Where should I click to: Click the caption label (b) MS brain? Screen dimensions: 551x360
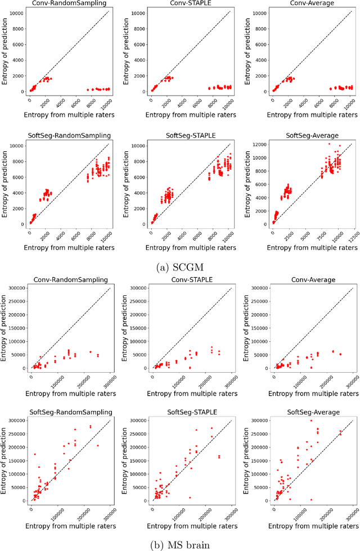click(x=180, y=544)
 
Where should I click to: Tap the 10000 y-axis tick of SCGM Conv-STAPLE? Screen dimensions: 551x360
click(x=141, y=13)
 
